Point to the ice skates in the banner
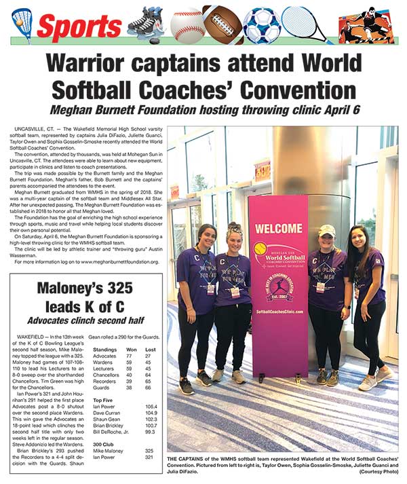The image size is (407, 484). coord(146,22)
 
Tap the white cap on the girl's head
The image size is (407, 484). coord(327,230)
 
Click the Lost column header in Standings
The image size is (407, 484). coord(151,349)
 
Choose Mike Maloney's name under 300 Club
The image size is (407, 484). coord(109,449)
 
